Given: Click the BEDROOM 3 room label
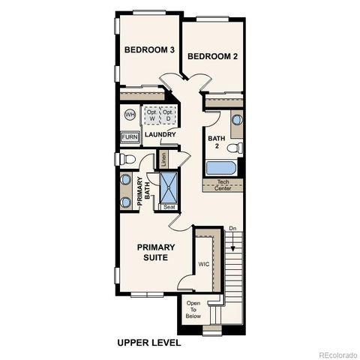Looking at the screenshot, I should click(x=149, y=50).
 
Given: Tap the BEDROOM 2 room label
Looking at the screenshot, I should click(x=212, y=56).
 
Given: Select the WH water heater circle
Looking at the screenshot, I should click(x=129, y=115).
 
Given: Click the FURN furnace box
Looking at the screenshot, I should click(x=130, y=138).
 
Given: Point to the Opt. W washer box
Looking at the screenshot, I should click(x=151, y=115).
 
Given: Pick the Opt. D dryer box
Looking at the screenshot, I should click(x=168, y=115).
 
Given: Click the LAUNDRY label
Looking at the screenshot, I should click(x=160, y=135).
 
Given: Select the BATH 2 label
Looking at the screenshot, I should click(x=216, y=142).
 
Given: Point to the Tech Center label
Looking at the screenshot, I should click(x=223, y=184).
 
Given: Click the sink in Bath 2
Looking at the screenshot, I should click(x=237, y=119).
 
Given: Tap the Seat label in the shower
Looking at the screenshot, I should click(x=169, y=207).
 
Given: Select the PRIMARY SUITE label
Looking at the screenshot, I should click(x=155, y=252).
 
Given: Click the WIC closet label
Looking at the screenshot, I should click(x=203, y=264).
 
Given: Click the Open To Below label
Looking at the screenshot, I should click(x=193, y=310).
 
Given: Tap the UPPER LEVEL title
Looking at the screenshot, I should click(x=148, y=343).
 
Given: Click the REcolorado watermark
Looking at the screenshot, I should click(x=337, y=354).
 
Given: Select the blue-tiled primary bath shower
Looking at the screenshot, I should click(x=168, y=187).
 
